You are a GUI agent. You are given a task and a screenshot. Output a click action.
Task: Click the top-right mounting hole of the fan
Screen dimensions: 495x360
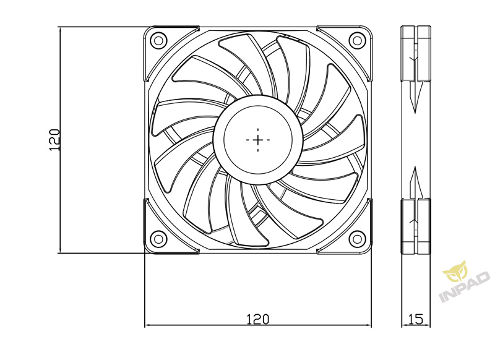click(x=357, y=40)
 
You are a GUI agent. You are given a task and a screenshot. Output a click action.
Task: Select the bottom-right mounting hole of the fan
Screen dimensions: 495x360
click(x=357, y=239)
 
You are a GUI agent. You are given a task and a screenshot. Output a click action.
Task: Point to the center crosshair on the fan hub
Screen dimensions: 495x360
click(x=258, y=140)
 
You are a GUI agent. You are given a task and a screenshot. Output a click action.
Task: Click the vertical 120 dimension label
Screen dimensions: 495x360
click(x=54, y=140)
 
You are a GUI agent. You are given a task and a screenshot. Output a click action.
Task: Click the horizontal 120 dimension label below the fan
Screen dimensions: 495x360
click(x=257, y=319)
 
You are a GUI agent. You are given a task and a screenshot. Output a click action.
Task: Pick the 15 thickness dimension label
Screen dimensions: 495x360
click(x=416, y=319)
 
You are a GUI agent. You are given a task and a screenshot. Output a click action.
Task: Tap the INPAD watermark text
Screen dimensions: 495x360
click(x=464, y=288)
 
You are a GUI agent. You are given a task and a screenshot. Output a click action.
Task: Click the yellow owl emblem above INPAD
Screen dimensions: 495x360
click(x=455, y=271)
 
